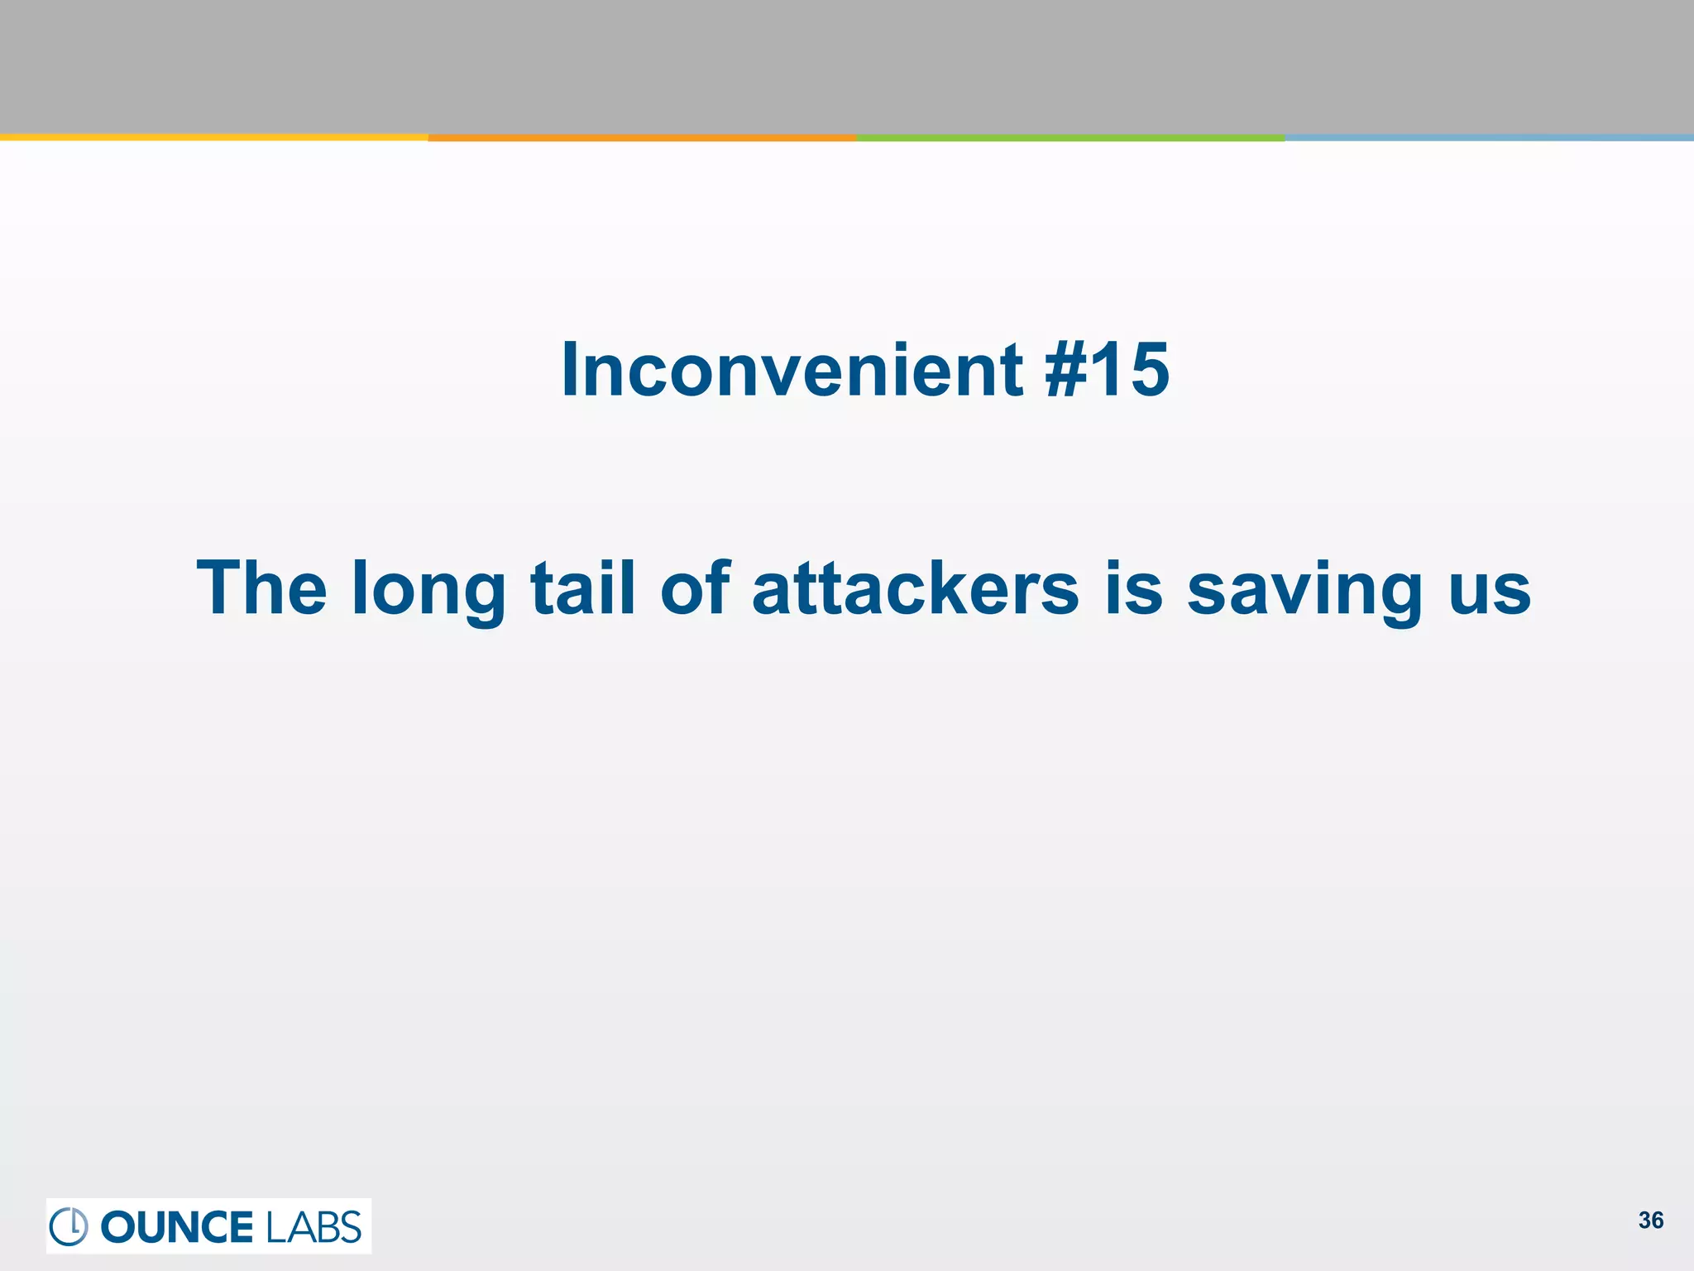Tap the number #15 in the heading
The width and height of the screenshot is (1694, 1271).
point(1107,370)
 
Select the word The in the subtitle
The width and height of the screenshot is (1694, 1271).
point(261,588)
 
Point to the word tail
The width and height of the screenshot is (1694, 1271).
point(582,588)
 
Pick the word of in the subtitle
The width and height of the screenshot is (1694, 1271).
point(695,588)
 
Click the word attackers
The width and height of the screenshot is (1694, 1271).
point(916,588)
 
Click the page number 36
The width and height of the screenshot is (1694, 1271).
point(1651,1221)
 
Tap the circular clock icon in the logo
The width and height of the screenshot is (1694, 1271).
point(69,1226)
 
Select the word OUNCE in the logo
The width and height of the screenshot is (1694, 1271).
point(177,1227)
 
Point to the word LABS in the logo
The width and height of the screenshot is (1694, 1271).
point(313,1227)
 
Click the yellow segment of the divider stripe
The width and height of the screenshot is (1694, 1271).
point(213,137)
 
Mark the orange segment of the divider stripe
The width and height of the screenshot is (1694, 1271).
point(642,137)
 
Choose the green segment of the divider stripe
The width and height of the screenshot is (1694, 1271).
point(1070,137)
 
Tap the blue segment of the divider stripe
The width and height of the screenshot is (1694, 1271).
point(1489,137)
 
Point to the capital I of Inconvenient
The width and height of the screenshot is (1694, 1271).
point(570,370)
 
